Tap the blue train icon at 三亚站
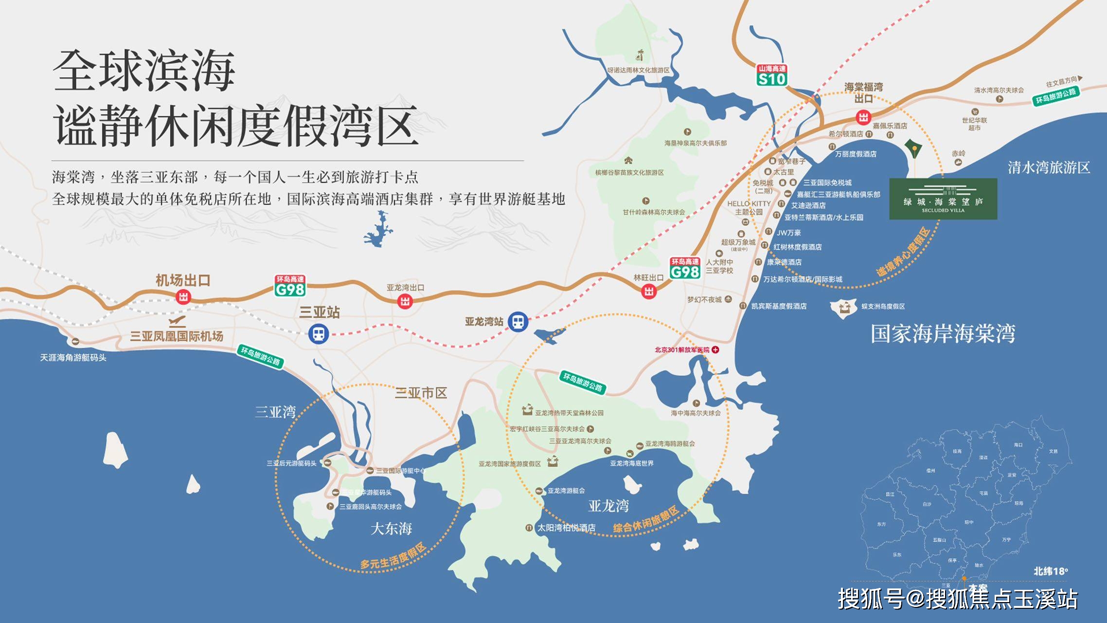coord(319,334)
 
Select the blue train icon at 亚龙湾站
coord(518,322)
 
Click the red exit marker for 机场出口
coord(183,296)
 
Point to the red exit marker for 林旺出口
coord(649,292)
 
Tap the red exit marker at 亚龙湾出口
coord(405,301)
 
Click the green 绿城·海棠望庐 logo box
coord(943,199)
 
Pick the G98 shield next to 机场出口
coord(290,287)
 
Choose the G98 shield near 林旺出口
coord(685,269)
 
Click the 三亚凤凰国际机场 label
coord(177,336)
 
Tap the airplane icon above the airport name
coord(177,322)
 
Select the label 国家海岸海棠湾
coord(943,334)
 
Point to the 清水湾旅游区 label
coord(1049,168)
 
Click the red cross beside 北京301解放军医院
coord(715,349)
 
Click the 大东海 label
coord(391,529)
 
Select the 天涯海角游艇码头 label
coord(73,358)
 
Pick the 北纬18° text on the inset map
coord(1051,571)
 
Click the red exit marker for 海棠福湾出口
coord(863,117)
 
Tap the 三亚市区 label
coord(421,393)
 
